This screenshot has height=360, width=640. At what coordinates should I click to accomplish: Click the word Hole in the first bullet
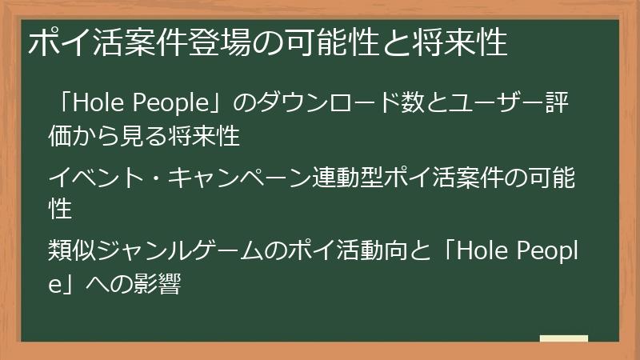tap(98, 105)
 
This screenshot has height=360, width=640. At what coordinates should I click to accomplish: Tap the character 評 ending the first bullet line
tap(560, 105)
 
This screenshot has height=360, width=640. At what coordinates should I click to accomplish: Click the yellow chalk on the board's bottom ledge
tap(564, 339)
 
